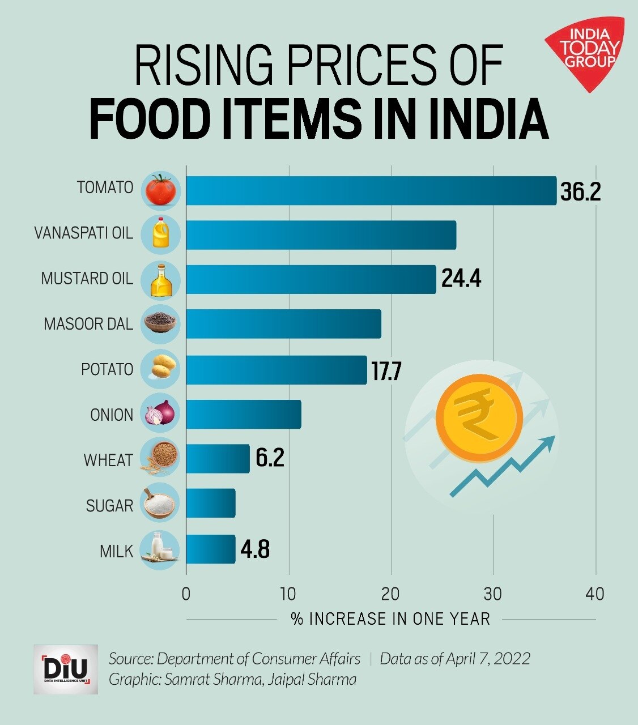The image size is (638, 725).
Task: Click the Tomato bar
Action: coord(371,190)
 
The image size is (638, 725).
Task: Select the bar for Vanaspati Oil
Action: coord(321,235)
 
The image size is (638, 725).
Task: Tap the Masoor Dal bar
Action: coord(283,324)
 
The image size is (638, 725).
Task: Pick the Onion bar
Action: coord(244,414)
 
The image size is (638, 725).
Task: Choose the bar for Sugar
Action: coord(210,503)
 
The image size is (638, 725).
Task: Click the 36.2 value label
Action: coord(580,192)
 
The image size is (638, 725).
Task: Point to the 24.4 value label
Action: coord(461,279)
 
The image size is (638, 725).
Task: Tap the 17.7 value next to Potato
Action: coord(386,371)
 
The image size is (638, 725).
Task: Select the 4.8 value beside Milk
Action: coord(255,549)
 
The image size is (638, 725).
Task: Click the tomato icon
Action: coord(160,190)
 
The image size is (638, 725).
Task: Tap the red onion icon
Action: coord(160,413)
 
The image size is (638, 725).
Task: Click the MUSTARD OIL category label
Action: coord(87,279)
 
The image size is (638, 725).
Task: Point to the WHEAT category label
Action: coord(108,460)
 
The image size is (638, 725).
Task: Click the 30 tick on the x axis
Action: coord(493,594)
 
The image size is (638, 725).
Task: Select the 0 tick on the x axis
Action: coord(186,594)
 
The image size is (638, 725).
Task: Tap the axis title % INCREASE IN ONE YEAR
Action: coord(390,619)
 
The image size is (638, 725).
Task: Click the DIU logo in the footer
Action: coord(66,669)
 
